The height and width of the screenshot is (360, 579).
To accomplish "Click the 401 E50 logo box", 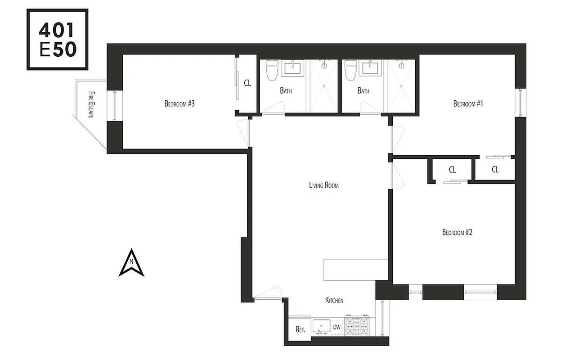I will [x=58, y=39].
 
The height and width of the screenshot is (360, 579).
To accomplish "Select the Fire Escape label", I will [x=91, y=104].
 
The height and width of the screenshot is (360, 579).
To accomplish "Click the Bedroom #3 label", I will [x=180, y=104].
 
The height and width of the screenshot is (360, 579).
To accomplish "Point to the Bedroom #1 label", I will [x=467, y=104].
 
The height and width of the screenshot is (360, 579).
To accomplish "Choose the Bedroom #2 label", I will [x=457, y=233].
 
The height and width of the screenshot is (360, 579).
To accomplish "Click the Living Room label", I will [x=323, y=185].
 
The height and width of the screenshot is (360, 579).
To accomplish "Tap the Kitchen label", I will [x=334, y=300].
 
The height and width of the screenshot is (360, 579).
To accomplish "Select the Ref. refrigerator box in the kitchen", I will [x=300, y=329].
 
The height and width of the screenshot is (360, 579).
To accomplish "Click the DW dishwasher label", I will [x=337, y=327].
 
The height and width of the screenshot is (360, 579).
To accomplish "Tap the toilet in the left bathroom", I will [x=271, y=71].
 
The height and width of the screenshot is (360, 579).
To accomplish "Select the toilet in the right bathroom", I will [x=350, y=71].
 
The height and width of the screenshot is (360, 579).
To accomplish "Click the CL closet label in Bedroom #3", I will [x=247, y=83].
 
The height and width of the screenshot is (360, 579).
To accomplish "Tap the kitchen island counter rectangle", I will [x=355, y=270].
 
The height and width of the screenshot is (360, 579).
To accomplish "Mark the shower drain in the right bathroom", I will [x=402, y=66].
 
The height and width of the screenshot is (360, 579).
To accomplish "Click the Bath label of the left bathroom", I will [x=286, y=90].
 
